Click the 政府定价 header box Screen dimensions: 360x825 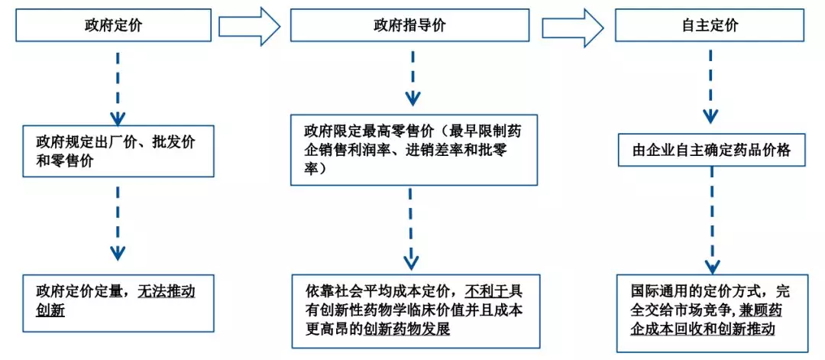pyautogui.click(x=114, y=25)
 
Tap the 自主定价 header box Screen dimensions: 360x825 pyautogui.click(x=710, y=25)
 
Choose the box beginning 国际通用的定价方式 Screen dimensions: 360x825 pyautogui.click(x=710, y=311)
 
